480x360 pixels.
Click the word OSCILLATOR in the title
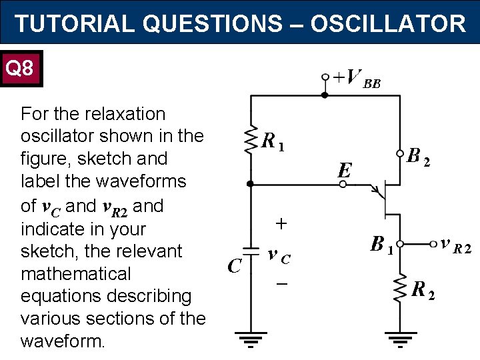click(388, 24)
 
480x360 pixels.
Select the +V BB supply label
click(357, 79)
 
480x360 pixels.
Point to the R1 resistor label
click(273, 141)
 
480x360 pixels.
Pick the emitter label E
click(344, 171)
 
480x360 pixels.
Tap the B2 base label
click(418, 157)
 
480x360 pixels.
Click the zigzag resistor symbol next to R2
click(400, 287)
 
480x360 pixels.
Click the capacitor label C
click(233, 266)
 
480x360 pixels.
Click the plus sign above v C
click(281, 225)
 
